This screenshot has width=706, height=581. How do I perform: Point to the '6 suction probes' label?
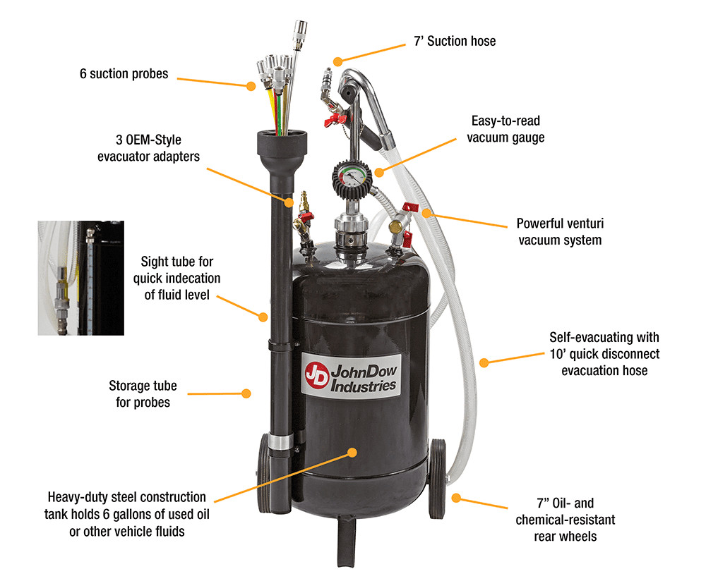tap(124, 73)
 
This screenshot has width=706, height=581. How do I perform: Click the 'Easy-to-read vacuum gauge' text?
tap(505, 129)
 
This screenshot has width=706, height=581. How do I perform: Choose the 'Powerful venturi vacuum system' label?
tap(561, 232)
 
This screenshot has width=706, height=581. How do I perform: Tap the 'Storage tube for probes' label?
tap(143, 394)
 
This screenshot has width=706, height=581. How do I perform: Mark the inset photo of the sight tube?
tap(80, 278)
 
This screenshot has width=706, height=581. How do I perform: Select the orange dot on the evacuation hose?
tap(484, 362)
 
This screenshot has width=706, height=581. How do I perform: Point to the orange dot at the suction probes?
tap(251, 87)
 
